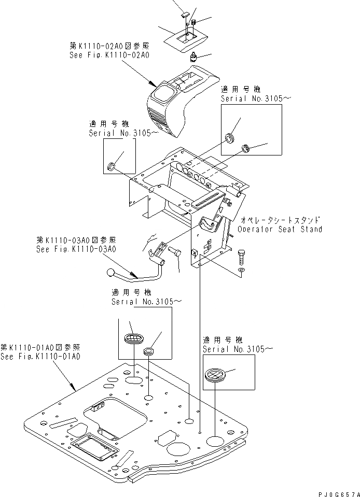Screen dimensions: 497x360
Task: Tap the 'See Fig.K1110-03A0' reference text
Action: point(76,249)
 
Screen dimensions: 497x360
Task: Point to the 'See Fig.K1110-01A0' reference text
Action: point(40,357)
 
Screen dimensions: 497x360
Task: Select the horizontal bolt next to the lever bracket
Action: point(175,252)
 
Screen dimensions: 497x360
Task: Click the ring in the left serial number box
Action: point(110,166)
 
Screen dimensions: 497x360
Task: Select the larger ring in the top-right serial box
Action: point(229,138)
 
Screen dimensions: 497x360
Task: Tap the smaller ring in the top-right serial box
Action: point(246,150)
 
